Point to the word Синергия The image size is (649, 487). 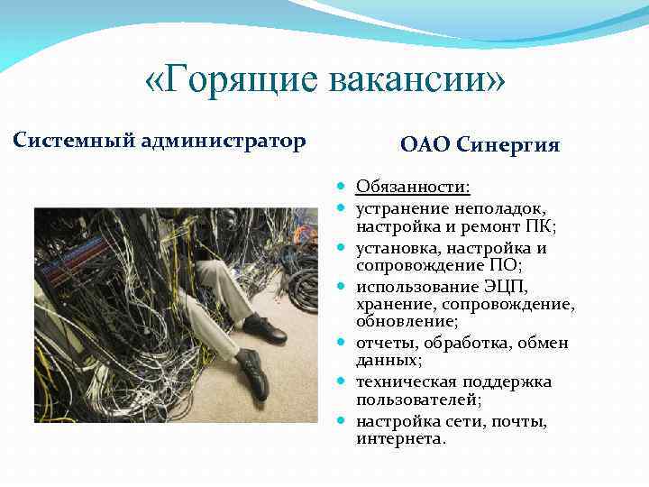tap(508, 144)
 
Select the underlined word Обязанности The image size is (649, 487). tap(412, 187)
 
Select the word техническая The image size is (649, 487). tap(407, 381)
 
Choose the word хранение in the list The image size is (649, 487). tap(393, 305)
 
